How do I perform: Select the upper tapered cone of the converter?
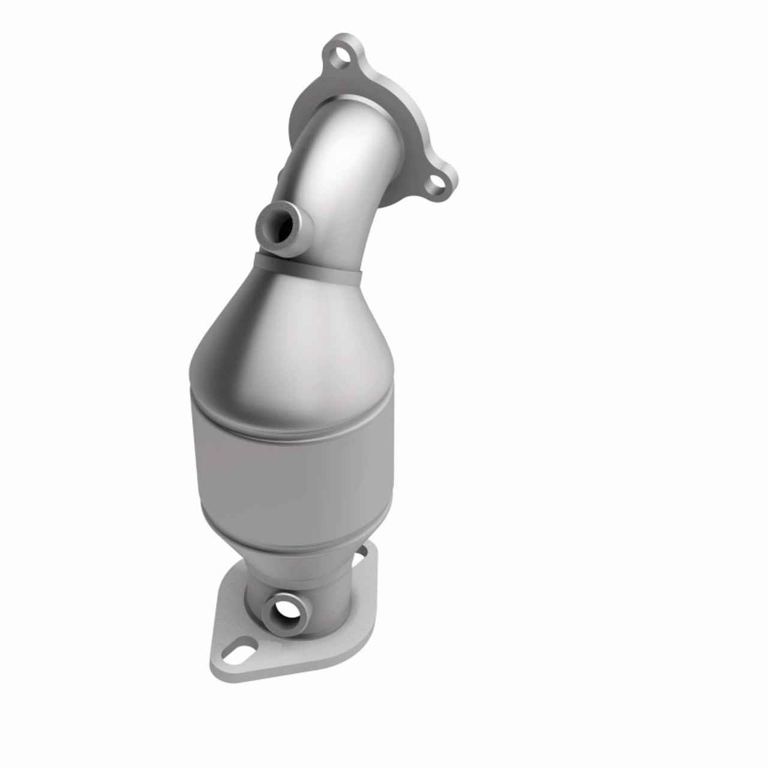(294, 336)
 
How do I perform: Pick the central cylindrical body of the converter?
(288, 474)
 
